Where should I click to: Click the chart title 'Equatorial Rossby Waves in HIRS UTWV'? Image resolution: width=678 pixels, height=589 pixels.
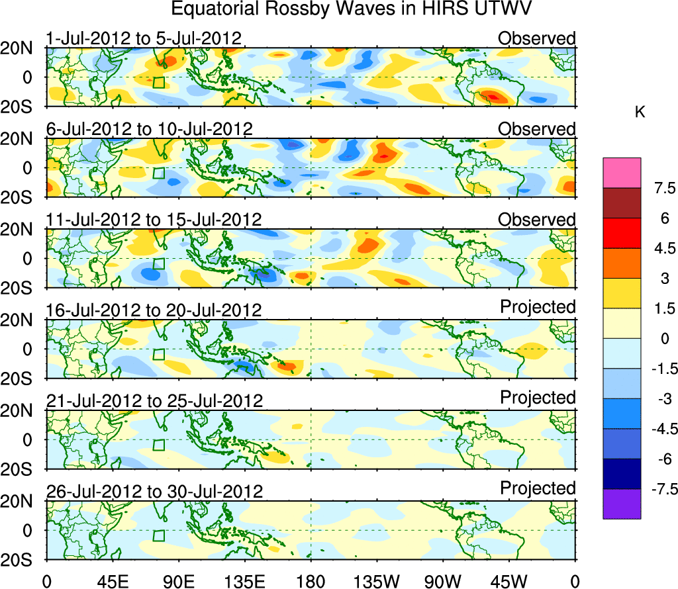pos(352,9)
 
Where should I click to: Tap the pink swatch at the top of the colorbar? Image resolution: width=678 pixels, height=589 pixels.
pos(622,173)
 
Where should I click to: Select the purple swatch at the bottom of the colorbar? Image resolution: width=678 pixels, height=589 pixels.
pos(622,504)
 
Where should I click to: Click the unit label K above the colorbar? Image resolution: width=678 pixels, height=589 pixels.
pos(640,113)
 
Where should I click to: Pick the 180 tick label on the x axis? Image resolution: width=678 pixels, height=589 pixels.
pos(311,582)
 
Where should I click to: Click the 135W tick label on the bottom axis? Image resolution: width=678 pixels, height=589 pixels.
pos(377,582)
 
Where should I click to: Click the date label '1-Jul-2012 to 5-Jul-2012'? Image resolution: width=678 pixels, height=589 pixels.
pos(144,38)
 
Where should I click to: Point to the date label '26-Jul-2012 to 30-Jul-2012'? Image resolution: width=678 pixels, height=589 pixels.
pos(154,492)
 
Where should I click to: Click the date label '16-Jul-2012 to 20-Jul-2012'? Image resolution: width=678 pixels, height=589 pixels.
pos(154,310)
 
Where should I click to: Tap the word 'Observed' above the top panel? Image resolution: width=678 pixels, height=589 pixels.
pos(537,38)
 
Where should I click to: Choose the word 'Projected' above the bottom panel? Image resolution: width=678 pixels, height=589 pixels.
pos(538,488)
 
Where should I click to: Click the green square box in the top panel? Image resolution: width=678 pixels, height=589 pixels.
pos(158,82)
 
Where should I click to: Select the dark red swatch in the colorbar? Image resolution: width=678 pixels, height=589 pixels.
pos(622,203)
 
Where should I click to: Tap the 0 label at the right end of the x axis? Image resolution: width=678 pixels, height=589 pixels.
pos(575,582)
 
